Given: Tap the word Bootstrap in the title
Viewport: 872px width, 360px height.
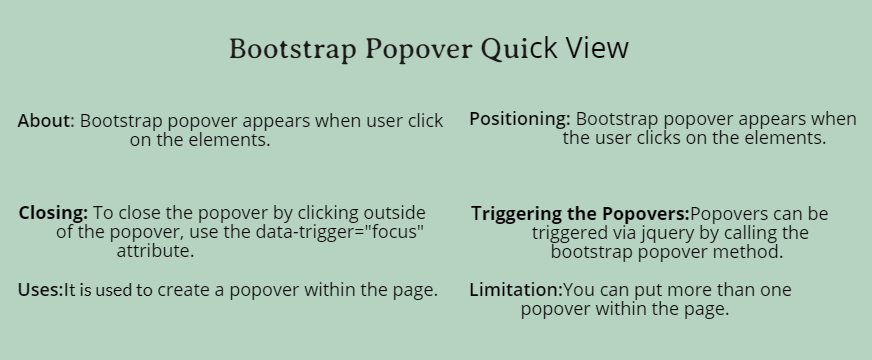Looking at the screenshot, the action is (293, 49).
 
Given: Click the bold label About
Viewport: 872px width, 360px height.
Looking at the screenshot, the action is (44, 121).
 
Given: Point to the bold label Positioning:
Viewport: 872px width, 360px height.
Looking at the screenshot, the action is (519, 119).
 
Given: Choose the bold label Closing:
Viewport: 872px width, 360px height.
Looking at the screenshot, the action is (53, 213).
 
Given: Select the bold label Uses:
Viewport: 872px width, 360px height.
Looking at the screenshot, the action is (40, 290).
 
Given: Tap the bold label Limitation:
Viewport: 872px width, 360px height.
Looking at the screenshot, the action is (516, 290).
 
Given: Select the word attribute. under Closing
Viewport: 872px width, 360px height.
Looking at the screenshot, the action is (155, 251).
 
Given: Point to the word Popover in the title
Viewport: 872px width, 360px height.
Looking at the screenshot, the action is (419, 50).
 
